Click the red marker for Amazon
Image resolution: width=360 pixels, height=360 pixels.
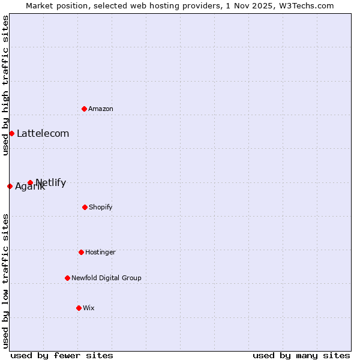(x=84, y=109)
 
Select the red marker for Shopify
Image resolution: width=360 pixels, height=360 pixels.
(x=85, y=207)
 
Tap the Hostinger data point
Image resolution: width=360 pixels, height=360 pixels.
(x=81, y=252)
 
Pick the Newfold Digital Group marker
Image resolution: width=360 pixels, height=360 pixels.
(x=67, y=278)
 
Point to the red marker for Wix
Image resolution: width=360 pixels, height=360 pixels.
(x=79, y=308)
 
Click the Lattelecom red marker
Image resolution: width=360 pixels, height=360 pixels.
(x=11, y=133)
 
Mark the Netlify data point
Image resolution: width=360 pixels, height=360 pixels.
(x=30, y=182)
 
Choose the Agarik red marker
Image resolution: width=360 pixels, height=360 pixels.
(x=10, y=186)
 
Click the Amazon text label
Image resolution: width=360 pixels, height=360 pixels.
(x=101, y=109)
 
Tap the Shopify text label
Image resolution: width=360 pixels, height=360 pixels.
(x=101, y=207)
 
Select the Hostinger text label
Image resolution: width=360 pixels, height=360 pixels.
(x=100, y=252)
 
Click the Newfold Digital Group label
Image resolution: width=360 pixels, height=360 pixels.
(x=106, y=278)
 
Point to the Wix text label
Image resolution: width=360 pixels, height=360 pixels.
(x=89, y=308)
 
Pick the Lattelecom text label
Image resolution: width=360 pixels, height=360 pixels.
(x=43, y=133)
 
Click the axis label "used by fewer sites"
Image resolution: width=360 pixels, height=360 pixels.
(x=62, y=355)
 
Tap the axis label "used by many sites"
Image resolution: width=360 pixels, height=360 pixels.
(x=301, y=355)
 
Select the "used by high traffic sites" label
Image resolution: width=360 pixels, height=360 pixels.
(x=5, y=86)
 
